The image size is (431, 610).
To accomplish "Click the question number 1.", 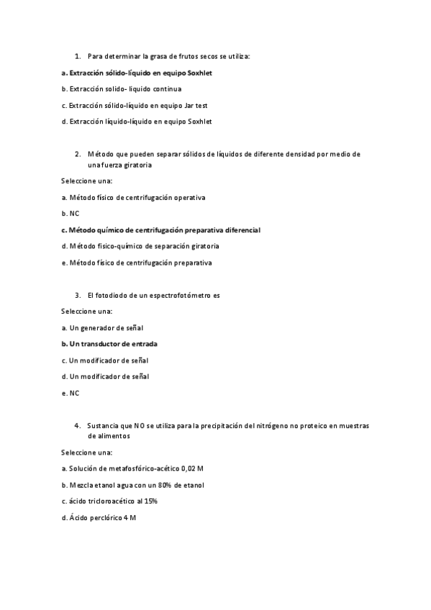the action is [x=76, y=55].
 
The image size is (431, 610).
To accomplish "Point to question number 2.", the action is [x=76, y=154].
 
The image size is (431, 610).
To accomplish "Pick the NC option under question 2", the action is [x=71, y=214].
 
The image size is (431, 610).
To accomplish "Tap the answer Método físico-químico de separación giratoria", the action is [x=131, y=246].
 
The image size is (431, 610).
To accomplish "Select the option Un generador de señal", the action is [x=102, y=328].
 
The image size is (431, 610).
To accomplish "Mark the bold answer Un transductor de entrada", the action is [x=109, y=344].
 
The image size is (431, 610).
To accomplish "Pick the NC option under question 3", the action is [x=71, y=393].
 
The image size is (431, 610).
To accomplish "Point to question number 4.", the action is [x=76, y=425].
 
